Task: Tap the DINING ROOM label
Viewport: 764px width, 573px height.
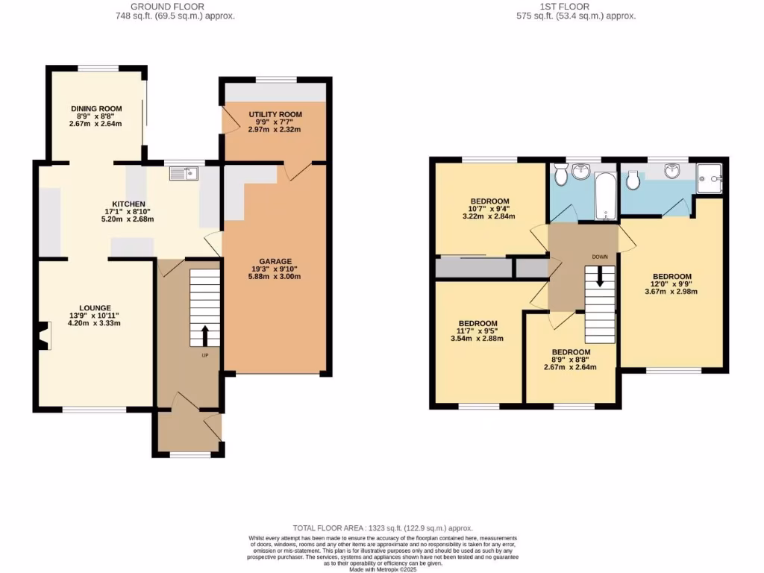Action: (95, 109)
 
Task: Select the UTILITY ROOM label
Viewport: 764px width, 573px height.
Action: (275, 114)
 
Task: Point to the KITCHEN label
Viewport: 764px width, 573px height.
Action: (128, 204)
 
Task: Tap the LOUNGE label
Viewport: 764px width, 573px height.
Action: (95, 307)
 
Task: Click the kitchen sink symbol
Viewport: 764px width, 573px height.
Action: (181, 173)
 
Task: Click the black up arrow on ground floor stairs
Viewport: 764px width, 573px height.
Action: (205, 335)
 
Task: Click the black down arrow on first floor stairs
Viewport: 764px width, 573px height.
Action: (599, 281)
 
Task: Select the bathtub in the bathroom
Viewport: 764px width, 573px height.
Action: (605, 192)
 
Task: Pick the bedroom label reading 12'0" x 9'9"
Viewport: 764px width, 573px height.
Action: (671, 276)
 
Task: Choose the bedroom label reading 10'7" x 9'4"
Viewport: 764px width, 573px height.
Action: (489, 201)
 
